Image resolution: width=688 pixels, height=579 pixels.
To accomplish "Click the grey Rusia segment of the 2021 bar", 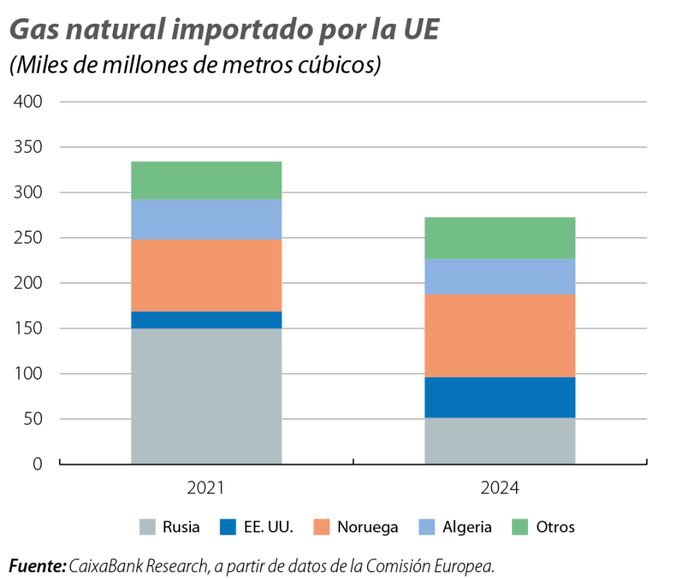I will click(x=206, y=396).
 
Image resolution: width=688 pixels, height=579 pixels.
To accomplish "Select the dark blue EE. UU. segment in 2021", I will click(x=206, y=320).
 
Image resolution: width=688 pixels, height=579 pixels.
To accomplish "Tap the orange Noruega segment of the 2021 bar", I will click(x=206, y=276).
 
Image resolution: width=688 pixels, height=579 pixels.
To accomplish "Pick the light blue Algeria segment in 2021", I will click(x=206, y=220).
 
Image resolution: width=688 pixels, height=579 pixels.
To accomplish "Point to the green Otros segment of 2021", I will click(x=206, y=180).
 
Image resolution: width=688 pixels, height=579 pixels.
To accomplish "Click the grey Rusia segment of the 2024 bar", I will click(x=500, y=441).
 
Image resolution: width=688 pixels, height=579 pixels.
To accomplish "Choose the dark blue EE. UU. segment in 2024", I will click(x=500, y=398).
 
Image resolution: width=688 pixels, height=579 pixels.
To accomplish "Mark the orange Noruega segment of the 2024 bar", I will click(x=500, y=336).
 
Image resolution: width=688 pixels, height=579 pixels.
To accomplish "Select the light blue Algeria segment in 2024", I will click(x=500, y=277).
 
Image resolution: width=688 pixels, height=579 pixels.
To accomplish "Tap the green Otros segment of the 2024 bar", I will click(x=500, y=238).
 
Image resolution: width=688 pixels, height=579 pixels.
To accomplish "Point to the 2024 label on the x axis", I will click(x=500, y=487).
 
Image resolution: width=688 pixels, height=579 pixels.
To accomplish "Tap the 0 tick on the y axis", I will click(x=37, y=464).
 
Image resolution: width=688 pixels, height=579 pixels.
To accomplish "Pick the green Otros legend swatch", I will click(x=520, y=527).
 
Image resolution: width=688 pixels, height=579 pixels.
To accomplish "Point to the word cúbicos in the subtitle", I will click(x=337, y=66).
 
